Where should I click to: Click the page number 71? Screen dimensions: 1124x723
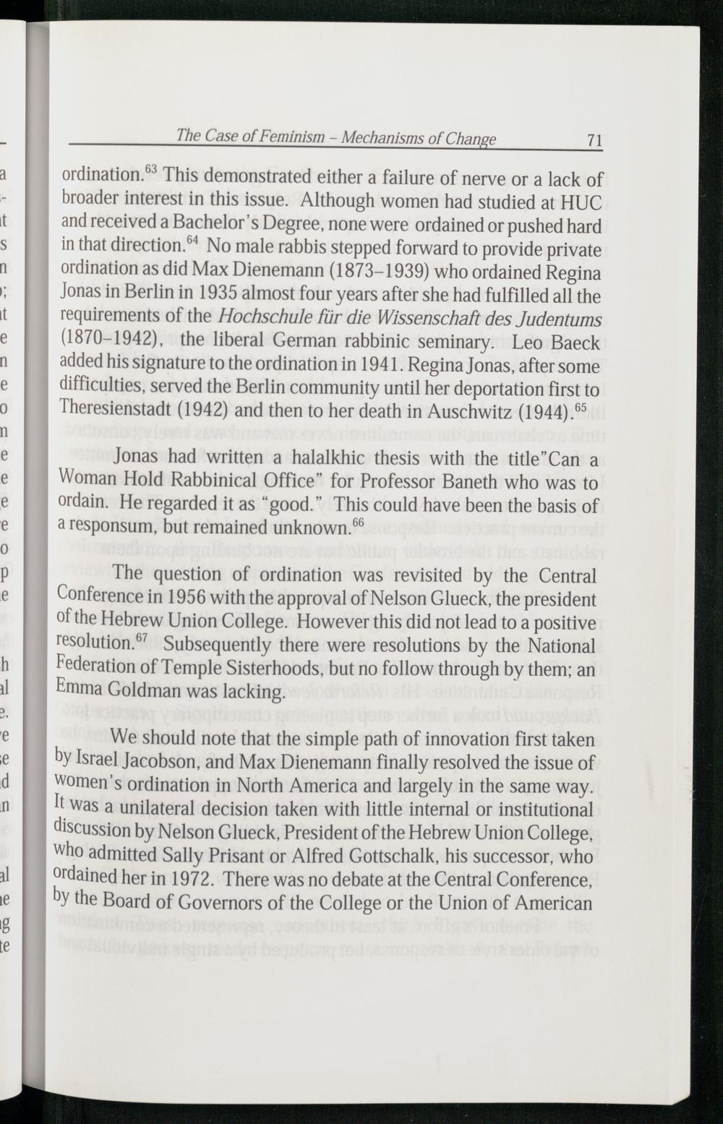(x=594, y=140)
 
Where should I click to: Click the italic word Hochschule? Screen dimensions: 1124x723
(x=267, y=319)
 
